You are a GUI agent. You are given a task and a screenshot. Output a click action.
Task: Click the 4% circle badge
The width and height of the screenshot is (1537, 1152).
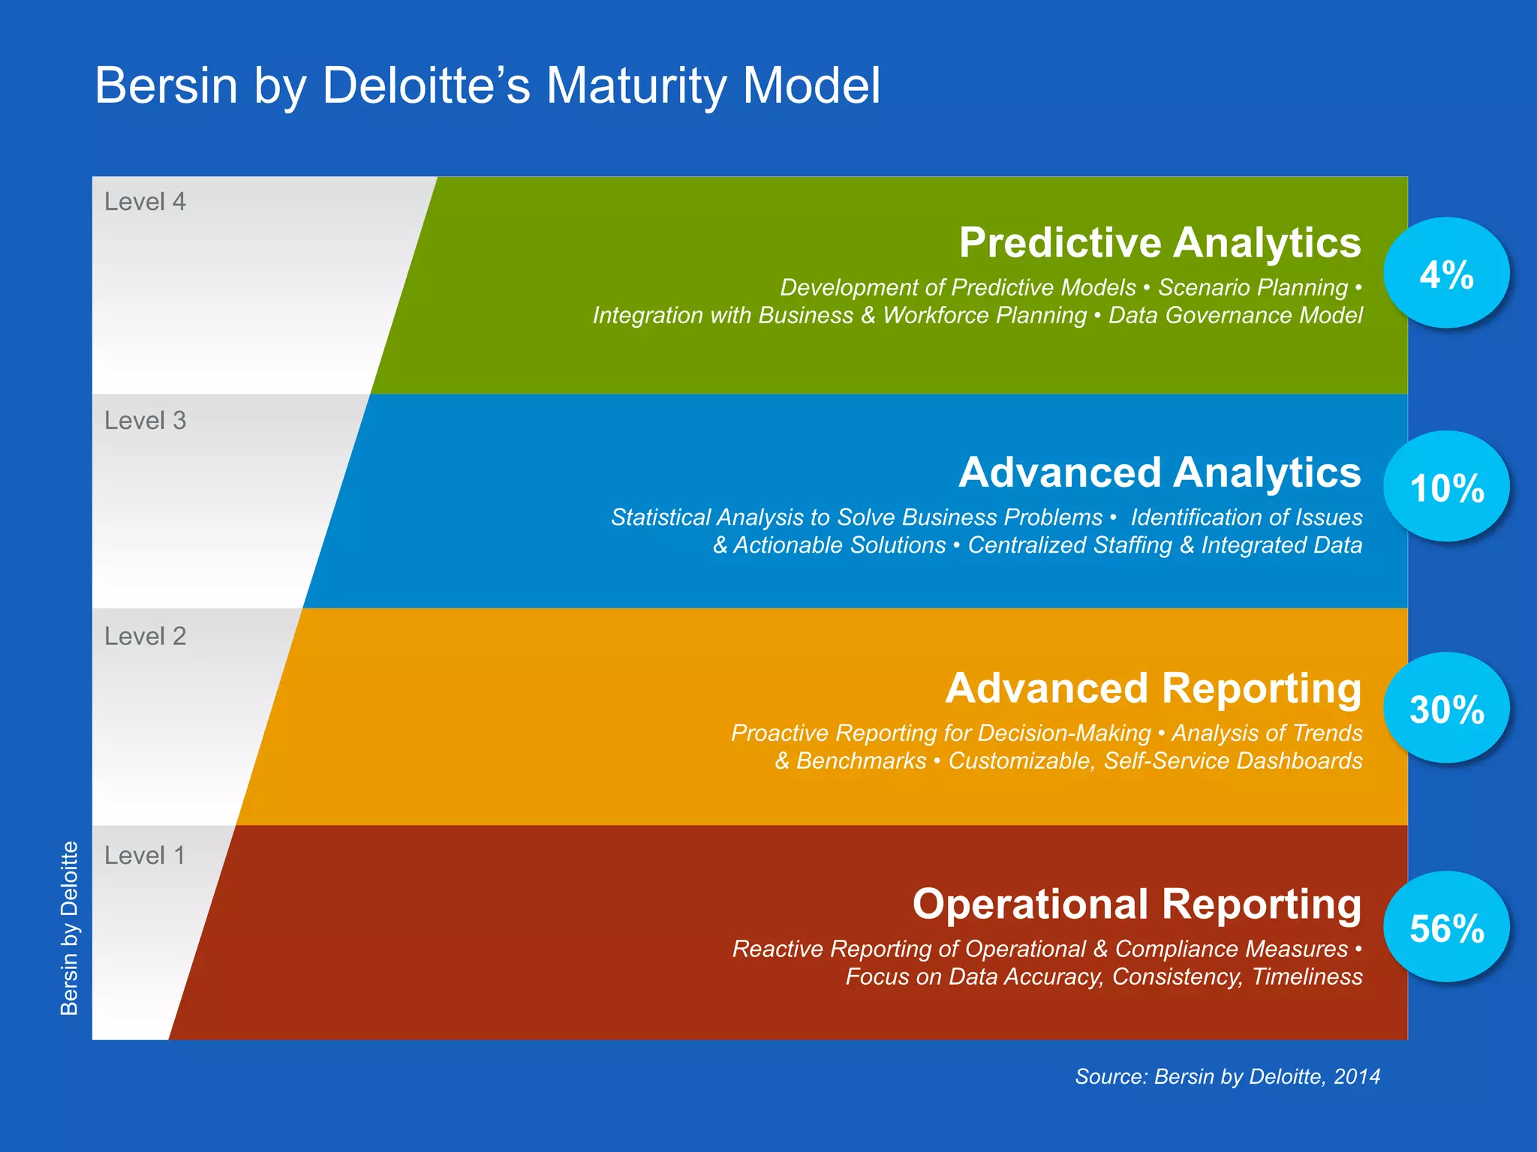1446,273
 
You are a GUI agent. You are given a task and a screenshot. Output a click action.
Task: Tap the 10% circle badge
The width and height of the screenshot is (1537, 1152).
1446,487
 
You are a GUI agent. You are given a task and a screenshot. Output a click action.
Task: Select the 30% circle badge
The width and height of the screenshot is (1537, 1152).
1446,708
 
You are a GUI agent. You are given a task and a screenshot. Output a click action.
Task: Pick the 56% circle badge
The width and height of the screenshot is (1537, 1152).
1446,927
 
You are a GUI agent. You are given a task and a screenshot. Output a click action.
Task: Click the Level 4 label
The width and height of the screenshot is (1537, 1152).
145,202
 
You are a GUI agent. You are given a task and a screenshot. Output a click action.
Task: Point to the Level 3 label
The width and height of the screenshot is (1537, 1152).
145,421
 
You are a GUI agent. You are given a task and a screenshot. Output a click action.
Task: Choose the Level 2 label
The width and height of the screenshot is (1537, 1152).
145,636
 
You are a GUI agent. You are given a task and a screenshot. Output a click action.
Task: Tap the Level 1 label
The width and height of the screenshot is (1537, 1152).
144,855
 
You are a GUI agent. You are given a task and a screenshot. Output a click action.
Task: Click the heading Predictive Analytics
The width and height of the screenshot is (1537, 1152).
1160,243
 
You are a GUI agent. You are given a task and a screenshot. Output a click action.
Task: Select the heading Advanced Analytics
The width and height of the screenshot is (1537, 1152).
1160,472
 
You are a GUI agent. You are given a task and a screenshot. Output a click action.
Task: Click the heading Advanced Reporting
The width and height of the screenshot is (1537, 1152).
1153,688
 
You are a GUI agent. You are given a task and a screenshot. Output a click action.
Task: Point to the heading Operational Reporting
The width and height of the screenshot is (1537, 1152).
1136,904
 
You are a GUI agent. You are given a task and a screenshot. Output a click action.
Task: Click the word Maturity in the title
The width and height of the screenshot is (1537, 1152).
636,85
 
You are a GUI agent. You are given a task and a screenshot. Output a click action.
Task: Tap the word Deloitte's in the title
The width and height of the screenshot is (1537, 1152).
426,85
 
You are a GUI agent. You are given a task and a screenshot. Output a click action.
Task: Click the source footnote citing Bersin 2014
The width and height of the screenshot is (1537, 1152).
1227,1077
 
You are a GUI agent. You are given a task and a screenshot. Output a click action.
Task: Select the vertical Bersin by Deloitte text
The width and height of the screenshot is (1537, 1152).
69,928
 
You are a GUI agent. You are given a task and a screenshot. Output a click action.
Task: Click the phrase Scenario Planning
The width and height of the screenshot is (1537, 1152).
1253,287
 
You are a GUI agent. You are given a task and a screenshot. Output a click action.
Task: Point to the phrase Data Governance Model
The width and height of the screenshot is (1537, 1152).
1235,316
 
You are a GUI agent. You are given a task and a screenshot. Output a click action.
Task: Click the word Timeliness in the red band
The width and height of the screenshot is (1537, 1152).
1307,977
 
